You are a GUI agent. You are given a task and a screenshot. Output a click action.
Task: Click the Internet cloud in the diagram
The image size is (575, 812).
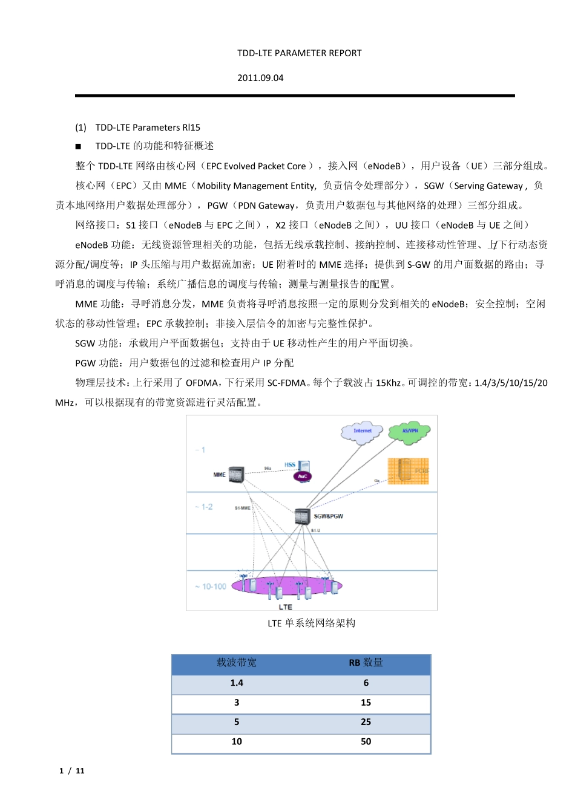point(362,432)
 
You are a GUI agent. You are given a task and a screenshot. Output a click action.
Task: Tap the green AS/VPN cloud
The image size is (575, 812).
point(409,432)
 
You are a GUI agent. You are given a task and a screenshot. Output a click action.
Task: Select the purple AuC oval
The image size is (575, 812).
point(302,476)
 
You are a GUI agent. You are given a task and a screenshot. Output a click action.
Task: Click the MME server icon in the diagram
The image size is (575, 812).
point(236,475)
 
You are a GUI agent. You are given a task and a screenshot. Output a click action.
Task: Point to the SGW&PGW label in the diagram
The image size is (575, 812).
point(329,516)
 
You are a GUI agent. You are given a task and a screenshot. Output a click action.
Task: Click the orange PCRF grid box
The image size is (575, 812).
point(408,471)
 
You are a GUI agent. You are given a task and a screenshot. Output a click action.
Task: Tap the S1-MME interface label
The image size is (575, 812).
point(242,508)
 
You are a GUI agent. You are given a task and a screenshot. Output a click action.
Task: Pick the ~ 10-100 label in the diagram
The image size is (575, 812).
point(211,586)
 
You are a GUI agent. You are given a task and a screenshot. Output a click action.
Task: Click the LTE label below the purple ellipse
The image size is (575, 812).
point(285,607)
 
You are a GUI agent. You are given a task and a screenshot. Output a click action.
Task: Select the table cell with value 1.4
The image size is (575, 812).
point(237,683)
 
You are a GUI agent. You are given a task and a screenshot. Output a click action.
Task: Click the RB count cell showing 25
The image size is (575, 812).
point(366,722)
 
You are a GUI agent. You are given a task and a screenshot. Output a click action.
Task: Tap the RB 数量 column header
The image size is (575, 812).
point(366,663)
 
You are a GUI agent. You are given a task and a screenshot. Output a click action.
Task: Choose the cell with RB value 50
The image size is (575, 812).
point(366,742)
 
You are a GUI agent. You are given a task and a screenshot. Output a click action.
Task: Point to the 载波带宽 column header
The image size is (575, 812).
point(237,663)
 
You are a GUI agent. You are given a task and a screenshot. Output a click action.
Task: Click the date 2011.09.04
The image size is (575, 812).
point(260,78)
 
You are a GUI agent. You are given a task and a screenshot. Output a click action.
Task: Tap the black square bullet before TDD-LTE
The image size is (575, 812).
point(78,146)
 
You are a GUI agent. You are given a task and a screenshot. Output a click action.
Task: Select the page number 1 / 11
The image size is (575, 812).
point(72,771)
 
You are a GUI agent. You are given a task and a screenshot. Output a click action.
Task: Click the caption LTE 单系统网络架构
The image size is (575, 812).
point(311,623)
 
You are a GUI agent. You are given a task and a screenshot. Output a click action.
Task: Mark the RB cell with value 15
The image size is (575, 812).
point(366,703)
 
